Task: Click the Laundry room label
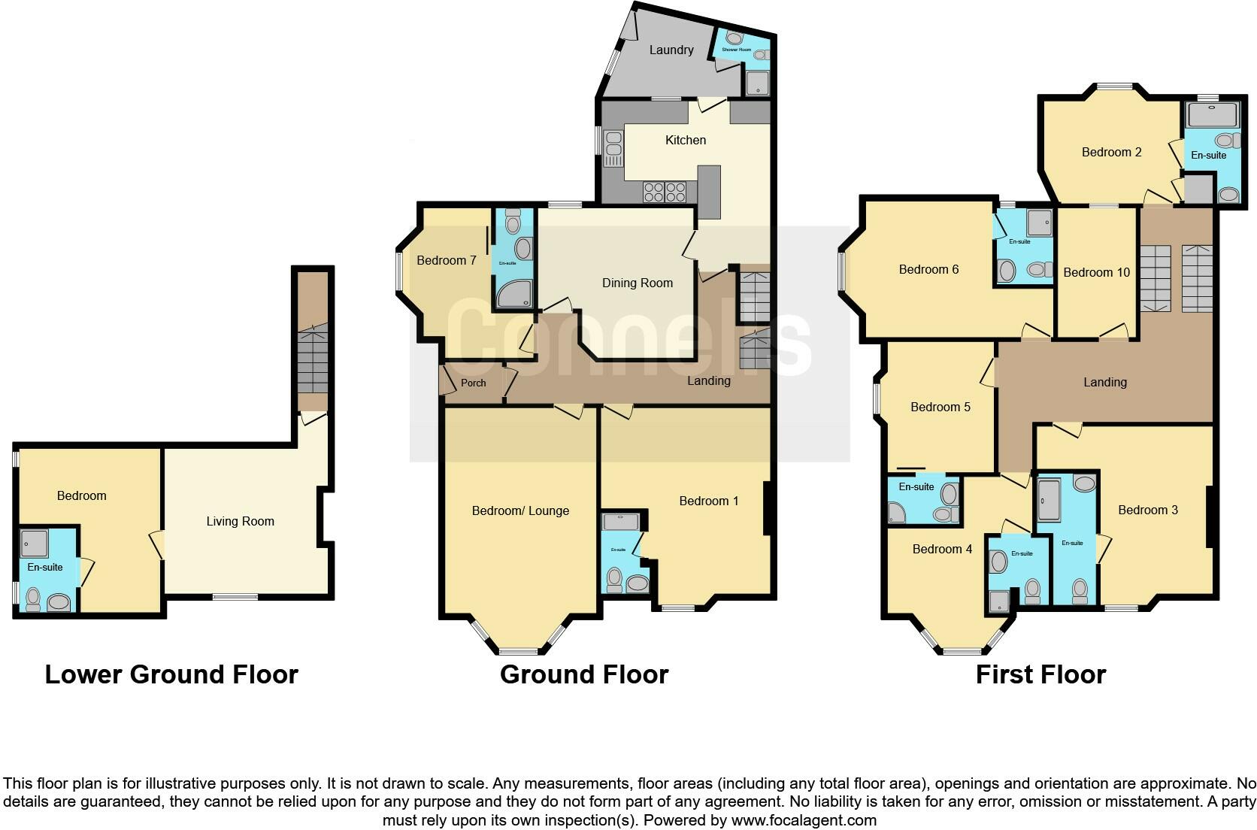tap(671, 50)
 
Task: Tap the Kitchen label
tap(686, 140)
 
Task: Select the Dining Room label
tap(637, 283)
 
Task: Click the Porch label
tap(473, 383)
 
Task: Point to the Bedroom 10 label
tap(1096, 272)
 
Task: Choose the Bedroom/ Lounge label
tap(520, 510)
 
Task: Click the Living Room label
tap(240, 521)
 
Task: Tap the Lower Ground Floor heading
tap(171, 674)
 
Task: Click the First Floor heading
tap(1040, 674)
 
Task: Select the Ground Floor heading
tap(584, 674)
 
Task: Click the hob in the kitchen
tap(665, 192)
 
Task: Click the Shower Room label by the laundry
tap(736, 50)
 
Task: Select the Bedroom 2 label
tap(1111, 152)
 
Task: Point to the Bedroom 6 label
tap(928, 269)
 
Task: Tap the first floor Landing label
tap(1104, 382)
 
